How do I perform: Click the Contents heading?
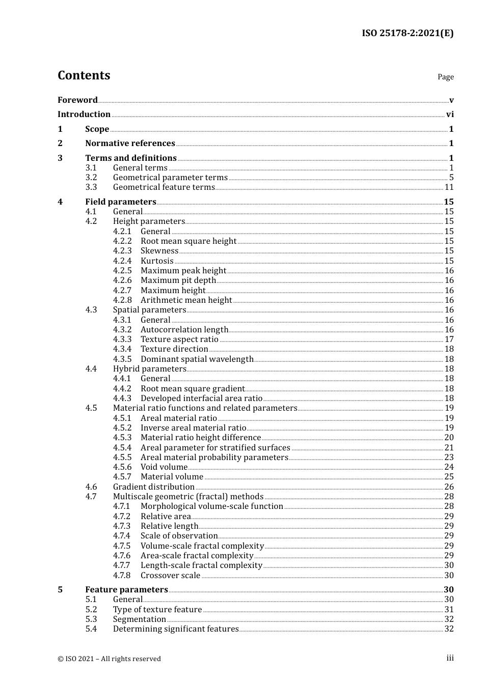coord(84,75)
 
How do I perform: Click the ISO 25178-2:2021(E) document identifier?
coord(407,33)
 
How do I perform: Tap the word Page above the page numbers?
coord(445,77)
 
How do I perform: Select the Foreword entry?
coord(77,100)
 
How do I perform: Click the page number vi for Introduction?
coord(449,115)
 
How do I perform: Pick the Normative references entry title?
coord(130,144)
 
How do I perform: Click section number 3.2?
coord(91,178)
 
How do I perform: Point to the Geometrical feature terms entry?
coord(164,187)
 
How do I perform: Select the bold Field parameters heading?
coord(121,202)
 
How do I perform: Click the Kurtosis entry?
coord(157,261)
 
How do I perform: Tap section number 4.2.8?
coord(122,300)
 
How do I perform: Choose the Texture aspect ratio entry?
coord(179,339)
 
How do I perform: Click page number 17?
coord(449,339)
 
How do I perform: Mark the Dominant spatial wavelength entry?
coord(197,359)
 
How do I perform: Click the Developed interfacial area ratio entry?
coord(201,398)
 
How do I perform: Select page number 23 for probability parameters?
coord(449,458)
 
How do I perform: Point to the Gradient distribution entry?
coord(153,487)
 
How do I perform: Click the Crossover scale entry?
coord(170,576)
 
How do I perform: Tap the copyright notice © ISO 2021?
coord(109,659)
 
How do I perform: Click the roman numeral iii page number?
coord(450,658)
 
